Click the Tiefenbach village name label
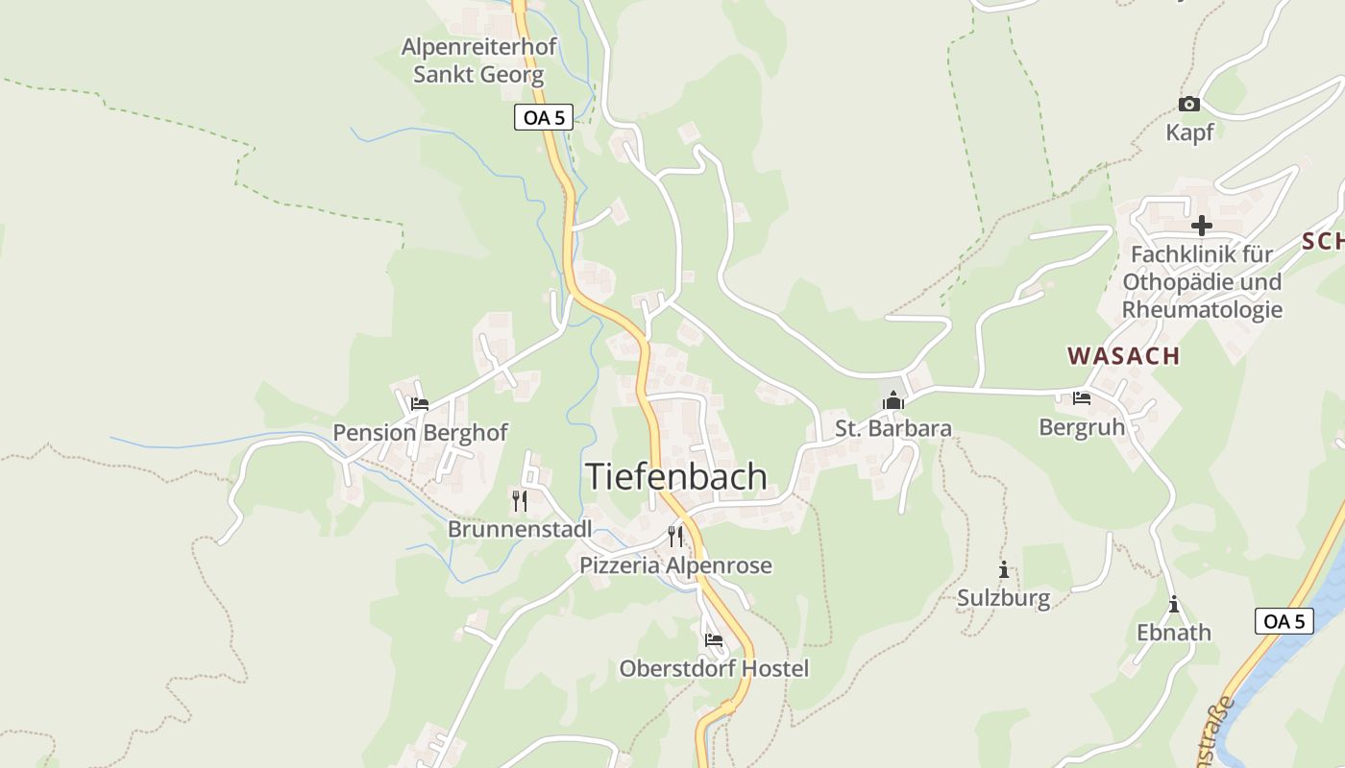[x=676, y=477]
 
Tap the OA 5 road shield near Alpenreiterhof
[x=544, y=118]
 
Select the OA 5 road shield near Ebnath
[x=1284, y=621]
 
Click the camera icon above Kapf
[x=1189, y=104]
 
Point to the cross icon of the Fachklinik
[x=1201, y=227]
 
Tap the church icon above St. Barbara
[x=893, y=401]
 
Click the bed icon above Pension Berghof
[x=420, y=404]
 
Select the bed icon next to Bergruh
[x=1082, y=398]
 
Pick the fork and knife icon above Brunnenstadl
[x=520, y=500]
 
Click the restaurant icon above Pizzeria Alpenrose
[x=675, y=536]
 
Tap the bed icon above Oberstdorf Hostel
[x=713, y=639]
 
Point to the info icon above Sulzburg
[x=1004, y=570]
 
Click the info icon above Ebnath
[x=1173, y=605]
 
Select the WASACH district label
[x=1123, y=356]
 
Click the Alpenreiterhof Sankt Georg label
[x=478, y=60]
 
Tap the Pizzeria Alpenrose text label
[x=675, y=566]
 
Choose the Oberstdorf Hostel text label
[x=714, y=669]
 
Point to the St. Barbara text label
[x=893, y=429]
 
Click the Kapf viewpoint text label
[x=1189, y=132]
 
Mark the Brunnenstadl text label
[x=520, y=530]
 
